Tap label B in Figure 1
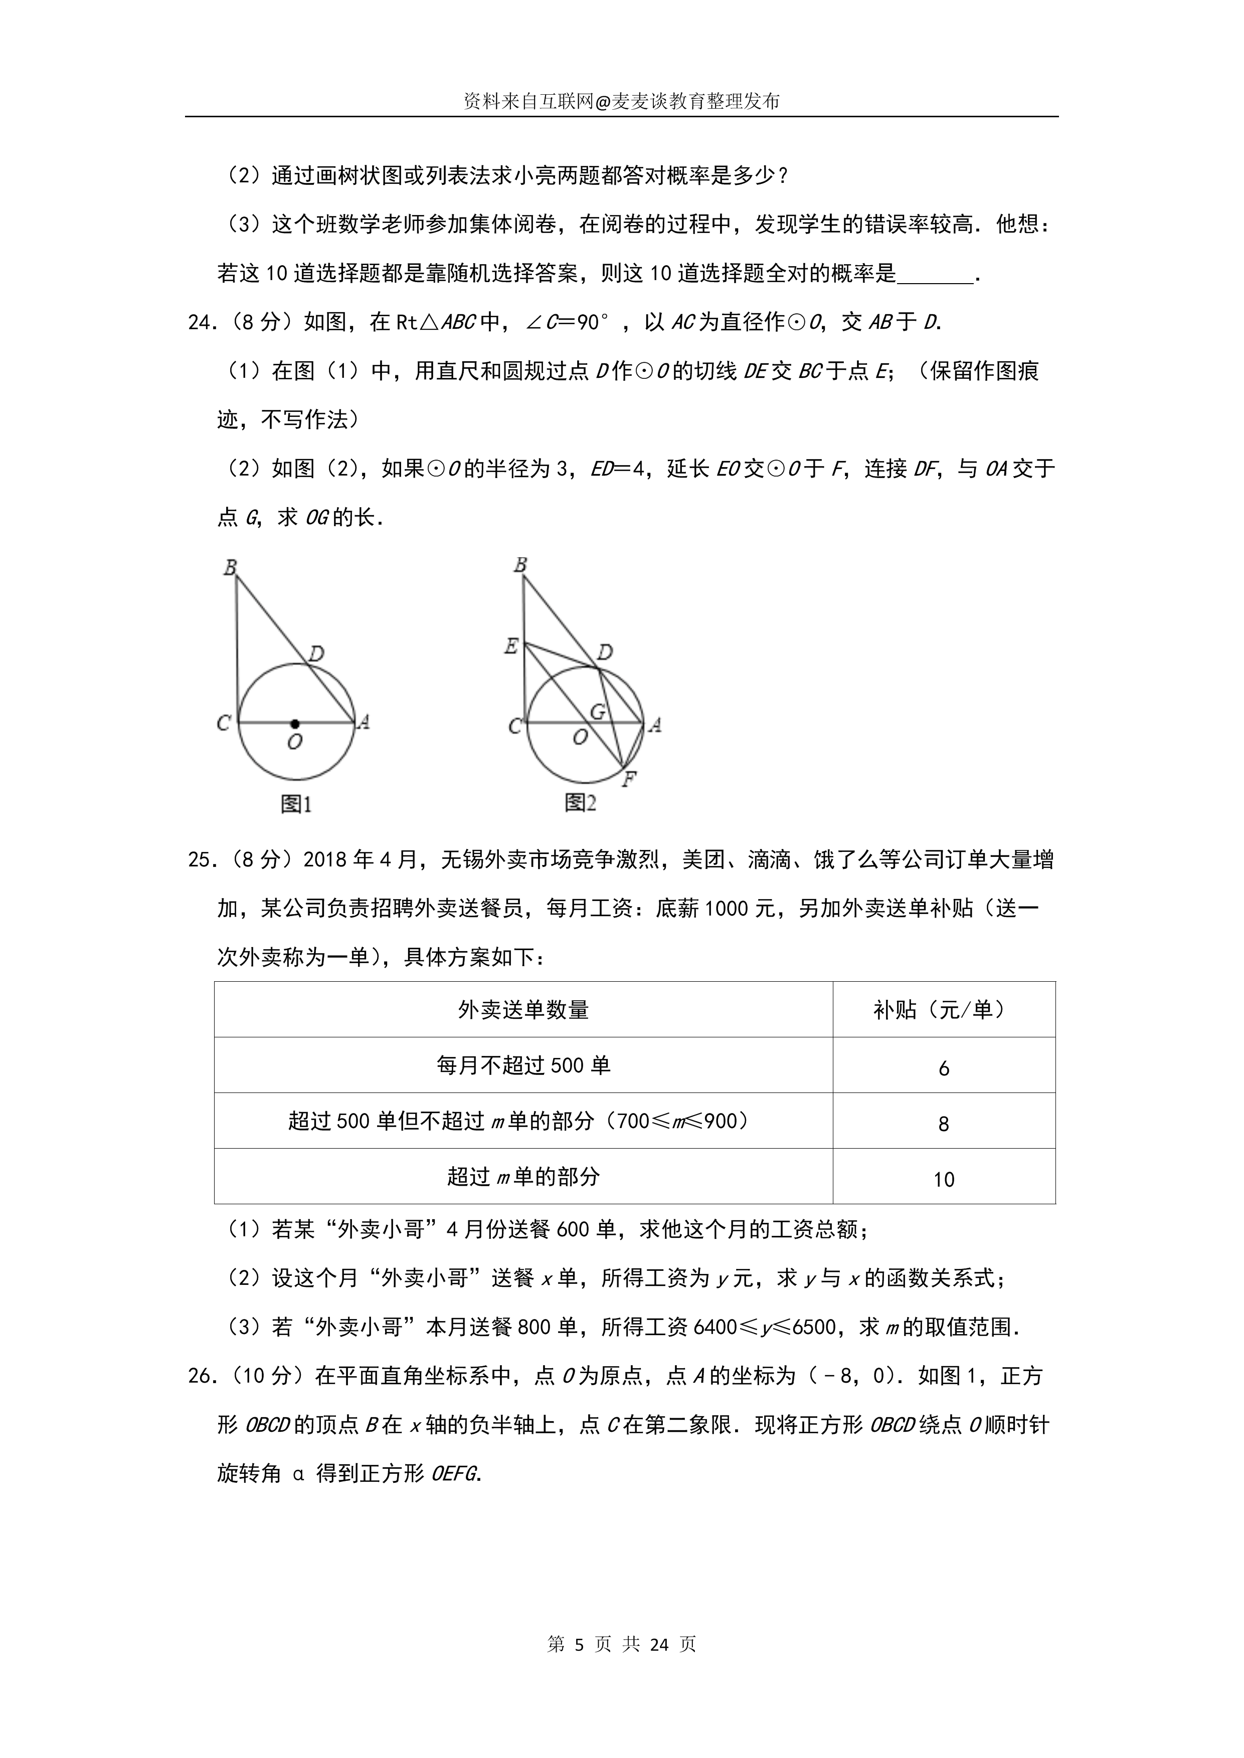pos(230,567)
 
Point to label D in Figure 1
pos(316,653)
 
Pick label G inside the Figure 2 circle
pos(598,711)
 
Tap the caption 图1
pos(296,804)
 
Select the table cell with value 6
pos(944,1068)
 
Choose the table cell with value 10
pos(944,1179)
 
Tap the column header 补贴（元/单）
pos(943,1010)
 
